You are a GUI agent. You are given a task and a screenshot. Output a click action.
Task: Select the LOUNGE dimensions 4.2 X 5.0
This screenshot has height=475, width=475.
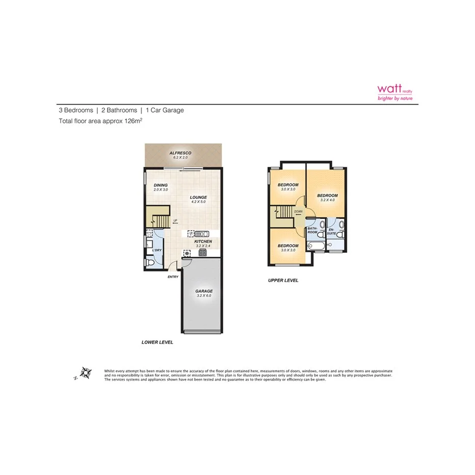tap(198, 202)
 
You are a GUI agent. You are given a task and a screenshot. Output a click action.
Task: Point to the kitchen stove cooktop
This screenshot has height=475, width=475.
tap(202, 252)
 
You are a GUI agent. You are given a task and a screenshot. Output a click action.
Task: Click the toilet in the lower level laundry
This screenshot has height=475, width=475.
tap(150, 262)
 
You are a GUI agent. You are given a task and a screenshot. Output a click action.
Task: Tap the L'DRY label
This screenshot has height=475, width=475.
tap(156, 250)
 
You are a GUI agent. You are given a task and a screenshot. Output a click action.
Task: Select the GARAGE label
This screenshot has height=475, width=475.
tap(203, 291)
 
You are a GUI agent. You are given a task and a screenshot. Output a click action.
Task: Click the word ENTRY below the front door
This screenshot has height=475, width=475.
tap(173, 277)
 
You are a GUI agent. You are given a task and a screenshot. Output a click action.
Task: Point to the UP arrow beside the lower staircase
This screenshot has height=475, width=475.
tap(174, 221)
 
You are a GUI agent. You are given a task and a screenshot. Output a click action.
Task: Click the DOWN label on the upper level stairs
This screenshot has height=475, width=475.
tap(298, 212)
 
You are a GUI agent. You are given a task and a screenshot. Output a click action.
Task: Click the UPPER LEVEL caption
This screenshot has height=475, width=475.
tap(283, 280)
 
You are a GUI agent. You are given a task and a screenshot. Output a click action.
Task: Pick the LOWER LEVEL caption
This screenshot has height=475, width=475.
tap(157, 342)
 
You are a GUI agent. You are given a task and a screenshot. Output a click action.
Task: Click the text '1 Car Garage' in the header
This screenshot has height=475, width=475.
tap(165, 110)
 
